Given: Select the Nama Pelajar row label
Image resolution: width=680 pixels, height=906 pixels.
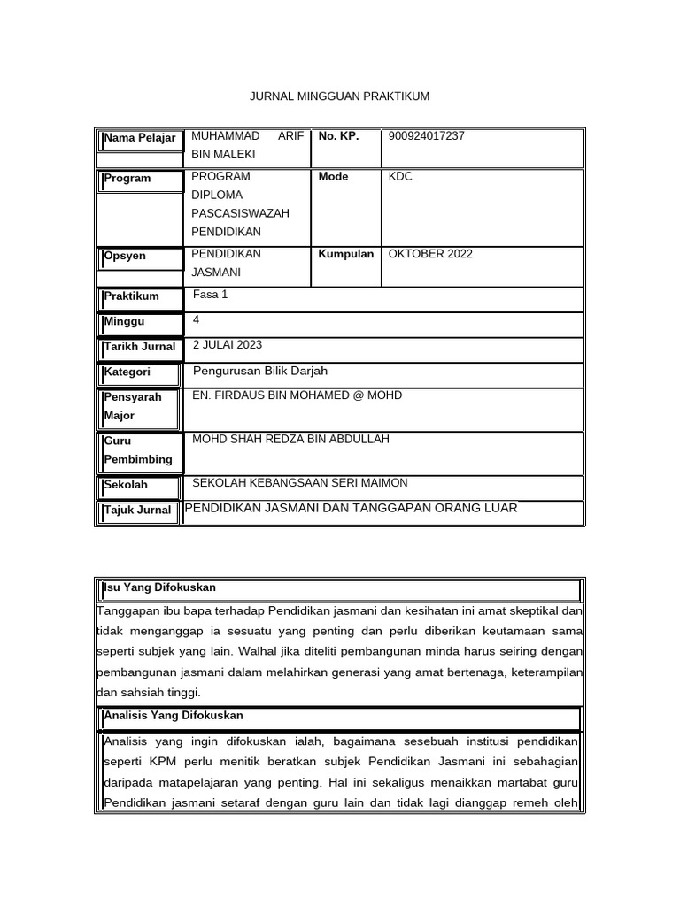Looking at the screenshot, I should pyautogui.click(x=139, y=138).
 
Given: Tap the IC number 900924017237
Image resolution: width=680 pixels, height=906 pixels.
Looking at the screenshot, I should pyautogui.click(x=426, y=136).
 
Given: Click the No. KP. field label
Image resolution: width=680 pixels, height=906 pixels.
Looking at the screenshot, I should pyautogui.click(x=338, y=136).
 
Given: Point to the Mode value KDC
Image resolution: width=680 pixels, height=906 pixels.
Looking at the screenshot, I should pyautogui.click(x=400, y=177).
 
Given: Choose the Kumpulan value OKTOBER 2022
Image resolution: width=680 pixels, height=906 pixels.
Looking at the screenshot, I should pyautogui.click(x=430, y=254).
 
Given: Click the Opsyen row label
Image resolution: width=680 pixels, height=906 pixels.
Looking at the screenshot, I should pyautogui.click(x=125, y=256).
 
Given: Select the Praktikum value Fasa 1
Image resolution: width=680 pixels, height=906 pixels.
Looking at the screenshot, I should pyautogui.click(x=210, y=295).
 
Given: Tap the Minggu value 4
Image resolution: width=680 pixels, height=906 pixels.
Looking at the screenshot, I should pyautogui.click(x=196, y=320).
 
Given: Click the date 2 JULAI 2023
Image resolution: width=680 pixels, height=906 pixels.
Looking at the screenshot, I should pyautogui.click(x=227, y=345).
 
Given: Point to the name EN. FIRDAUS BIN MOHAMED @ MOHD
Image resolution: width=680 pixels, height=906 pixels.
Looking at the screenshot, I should pyautogui.click(x=297, y=395).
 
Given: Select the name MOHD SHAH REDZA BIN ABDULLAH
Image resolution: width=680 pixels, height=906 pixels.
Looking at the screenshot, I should pyautogui.click(x=290, y=440).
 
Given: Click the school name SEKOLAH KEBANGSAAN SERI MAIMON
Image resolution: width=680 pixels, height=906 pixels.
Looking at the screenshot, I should pyautogui.click(x=300, y=483).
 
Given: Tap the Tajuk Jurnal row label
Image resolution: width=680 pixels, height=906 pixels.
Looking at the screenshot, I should pyautogui.click(x=137, y=511).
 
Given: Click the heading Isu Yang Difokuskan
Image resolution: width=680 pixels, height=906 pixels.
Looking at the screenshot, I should pyautogui.click(x=159, y=587).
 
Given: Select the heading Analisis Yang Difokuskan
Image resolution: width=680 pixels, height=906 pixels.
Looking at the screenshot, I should pyautogui.click(x=174, y=715).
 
